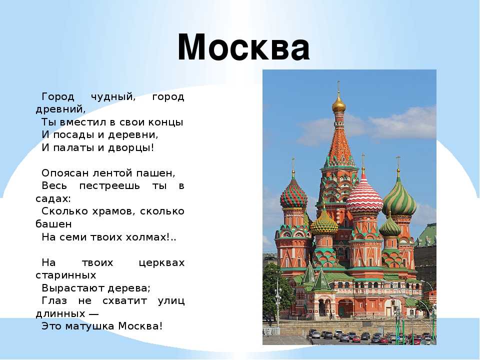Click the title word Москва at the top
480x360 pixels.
(x=243, y=47)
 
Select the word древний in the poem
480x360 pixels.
(x=60, y=109)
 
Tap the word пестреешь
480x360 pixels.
(x=109, y=186)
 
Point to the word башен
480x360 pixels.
(x=54, y=224)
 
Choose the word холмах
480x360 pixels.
(x=146, y=237)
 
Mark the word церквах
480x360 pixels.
(x=161, y=263)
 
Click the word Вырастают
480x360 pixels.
(x=74, y=288)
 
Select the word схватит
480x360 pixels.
(x=125, y=301)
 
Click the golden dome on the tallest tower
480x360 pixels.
(x=339, y=105)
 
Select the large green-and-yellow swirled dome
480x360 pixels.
(x=399, y=197)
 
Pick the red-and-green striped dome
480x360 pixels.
(x=293, y=194)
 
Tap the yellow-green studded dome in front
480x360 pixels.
(x=324, y=224)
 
